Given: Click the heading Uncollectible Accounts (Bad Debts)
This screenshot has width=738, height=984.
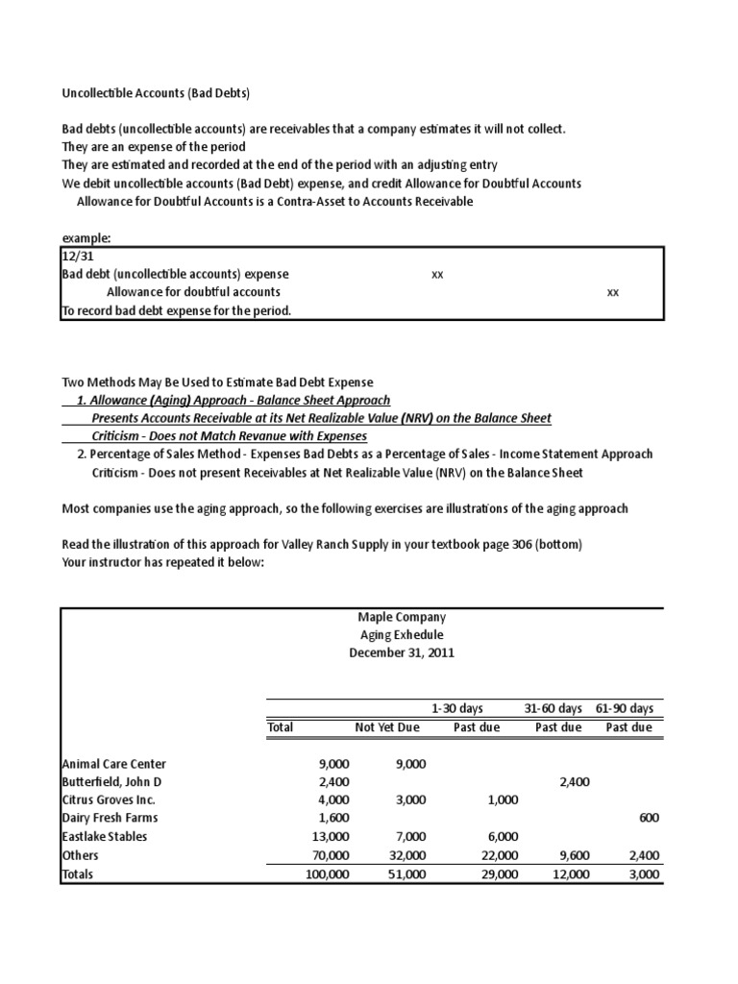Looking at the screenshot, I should coord(155,92).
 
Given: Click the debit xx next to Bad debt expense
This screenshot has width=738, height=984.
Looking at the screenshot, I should coord(437,275).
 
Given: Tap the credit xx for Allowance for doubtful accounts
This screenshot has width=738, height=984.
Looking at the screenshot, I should coord(613,292).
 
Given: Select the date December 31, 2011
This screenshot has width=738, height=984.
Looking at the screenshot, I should coord(402,653).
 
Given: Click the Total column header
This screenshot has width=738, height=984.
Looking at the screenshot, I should coord(281,727).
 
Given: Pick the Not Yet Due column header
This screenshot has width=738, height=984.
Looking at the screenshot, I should coord(387,727).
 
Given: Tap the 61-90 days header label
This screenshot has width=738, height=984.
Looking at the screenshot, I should coord(625,708).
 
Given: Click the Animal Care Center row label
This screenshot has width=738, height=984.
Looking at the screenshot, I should coord(114,764).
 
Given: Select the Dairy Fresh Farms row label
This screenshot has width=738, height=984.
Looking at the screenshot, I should coord(111,818).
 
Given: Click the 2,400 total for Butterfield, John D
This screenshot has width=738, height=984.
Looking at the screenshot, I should coord(333,782).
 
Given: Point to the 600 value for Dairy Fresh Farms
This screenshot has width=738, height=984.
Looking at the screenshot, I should coord(650,818).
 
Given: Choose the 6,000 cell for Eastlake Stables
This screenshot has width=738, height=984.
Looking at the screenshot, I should coord(502,837).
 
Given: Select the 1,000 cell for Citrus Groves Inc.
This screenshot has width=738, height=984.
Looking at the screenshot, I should coord(502,800).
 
